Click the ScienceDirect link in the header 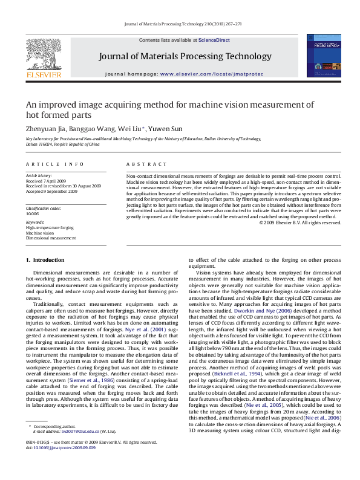214,40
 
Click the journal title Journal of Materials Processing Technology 185,56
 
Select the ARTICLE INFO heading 54,164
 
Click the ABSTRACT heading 146,164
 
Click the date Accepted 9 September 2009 52,191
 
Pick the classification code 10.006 32,213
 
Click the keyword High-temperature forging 50,228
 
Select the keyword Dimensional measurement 51,238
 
